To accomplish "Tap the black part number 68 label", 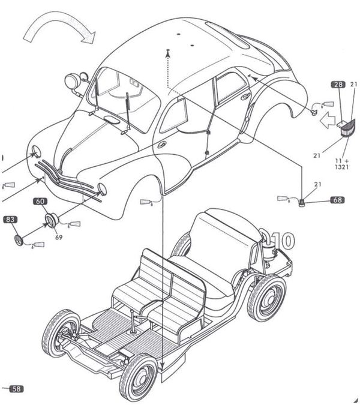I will coord(337,200).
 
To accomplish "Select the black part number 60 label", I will coord(40,202).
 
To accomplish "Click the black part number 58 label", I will coord(16,389).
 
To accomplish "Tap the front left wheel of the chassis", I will coord(59,332).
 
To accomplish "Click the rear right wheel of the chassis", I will coord(267,297).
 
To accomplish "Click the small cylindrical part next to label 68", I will coord(302,202).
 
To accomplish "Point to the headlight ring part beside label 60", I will coord(51,219).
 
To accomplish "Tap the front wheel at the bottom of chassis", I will coord(137,376).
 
